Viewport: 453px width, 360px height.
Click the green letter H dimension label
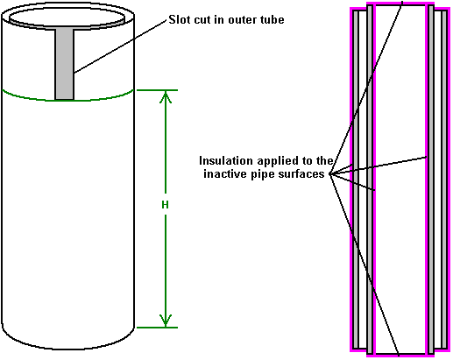coord(165,205)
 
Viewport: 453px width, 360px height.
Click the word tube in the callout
coord(273,19)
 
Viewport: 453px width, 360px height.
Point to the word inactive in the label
coord(225,173)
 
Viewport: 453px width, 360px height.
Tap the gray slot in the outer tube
coord(65,64)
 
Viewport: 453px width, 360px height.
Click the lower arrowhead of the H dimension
coord(166,321)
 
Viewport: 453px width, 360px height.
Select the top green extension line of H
coord(157,90)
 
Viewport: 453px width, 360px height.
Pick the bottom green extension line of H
coord(157,328)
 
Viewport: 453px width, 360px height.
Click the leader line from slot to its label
coord(120,46)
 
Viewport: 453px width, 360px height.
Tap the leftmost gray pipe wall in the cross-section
coord(356,180)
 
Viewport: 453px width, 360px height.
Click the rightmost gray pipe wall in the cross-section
coord(444,180)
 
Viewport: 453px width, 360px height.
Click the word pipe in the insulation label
coord(263,174)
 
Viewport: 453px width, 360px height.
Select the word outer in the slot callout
coord(244,20)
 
